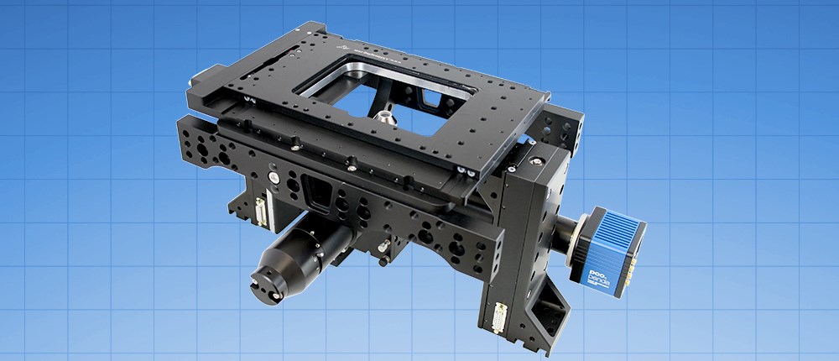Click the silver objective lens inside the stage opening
tap(384, 117)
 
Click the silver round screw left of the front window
tap(272, 177)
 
